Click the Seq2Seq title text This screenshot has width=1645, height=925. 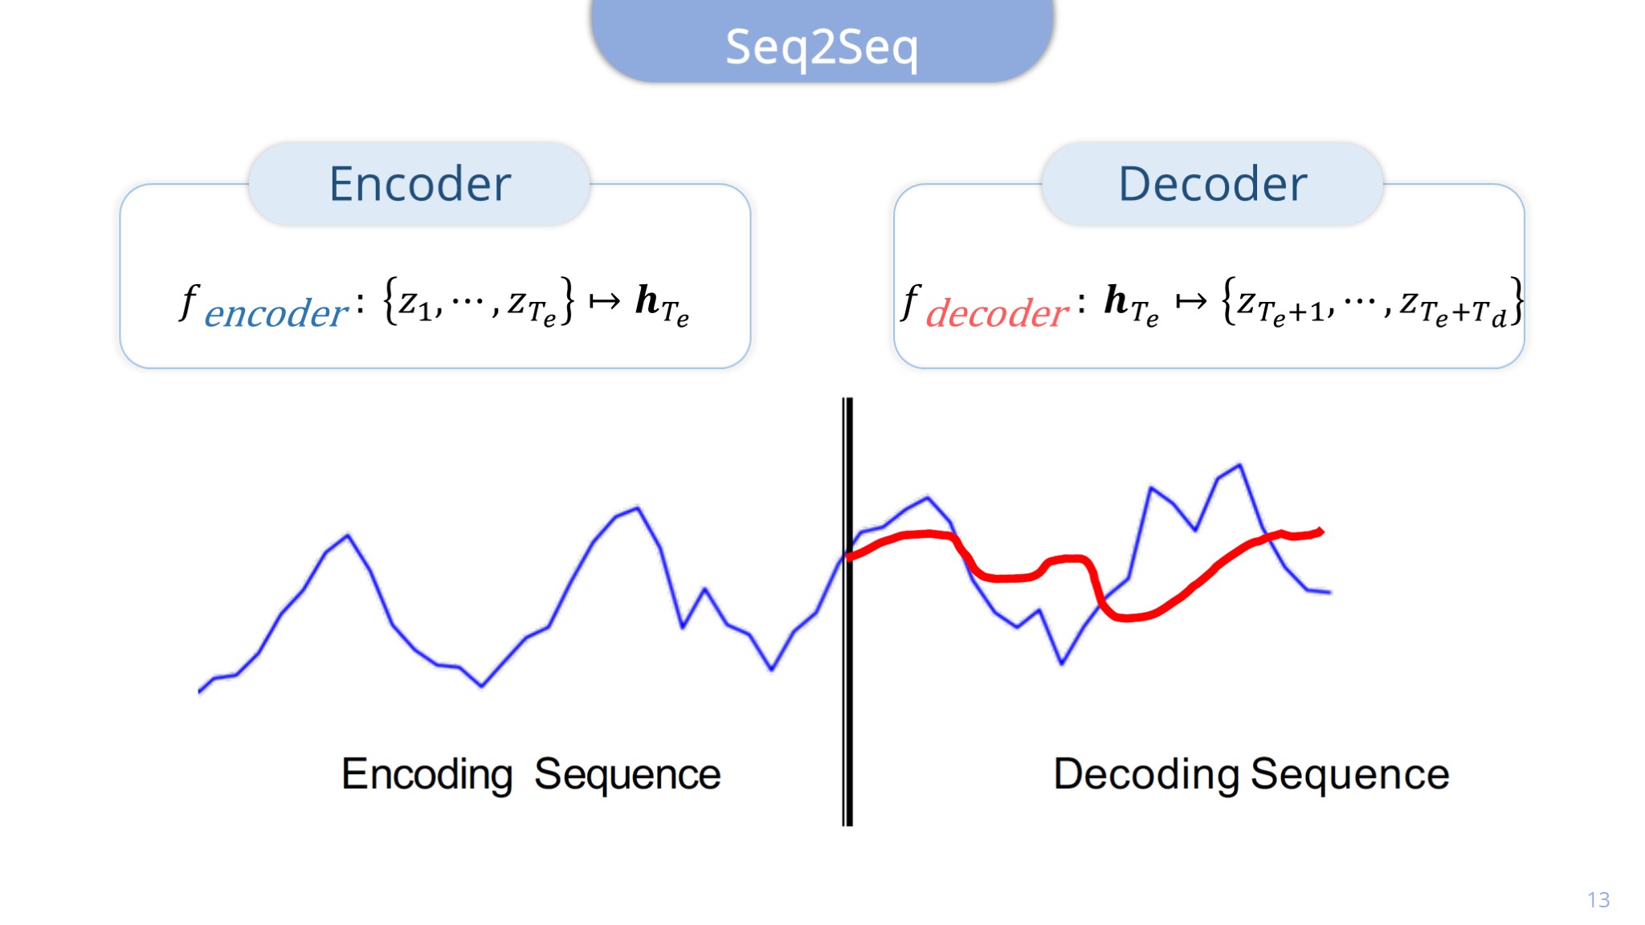[822, 47]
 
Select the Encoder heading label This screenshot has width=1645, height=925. [420, 184]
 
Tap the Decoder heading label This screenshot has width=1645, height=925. [1213, 184]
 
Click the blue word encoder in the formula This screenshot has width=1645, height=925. [276, 313]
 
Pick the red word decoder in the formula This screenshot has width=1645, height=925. [997, 313]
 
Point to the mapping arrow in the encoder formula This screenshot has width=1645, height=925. [605, 301]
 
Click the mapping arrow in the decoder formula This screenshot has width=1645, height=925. [1190, 301]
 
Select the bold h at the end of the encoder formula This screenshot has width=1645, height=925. [647, 300]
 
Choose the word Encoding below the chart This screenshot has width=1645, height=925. [427, 775]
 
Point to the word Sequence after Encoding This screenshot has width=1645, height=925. [627, 775]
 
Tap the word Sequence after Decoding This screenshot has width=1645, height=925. [1350, 775]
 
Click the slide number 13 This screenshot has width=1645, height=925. [1598, 900]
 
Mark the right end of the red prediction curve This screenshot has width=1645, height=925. [1321, 530]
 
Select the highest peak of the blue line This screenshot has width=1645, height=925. [1240, 465]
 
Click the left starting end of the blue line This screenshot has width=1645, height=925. [199, 691]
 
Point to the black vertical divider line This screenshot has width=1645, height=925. [847, 611]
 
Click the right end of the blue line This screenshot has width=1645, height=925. [1331, 593]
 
